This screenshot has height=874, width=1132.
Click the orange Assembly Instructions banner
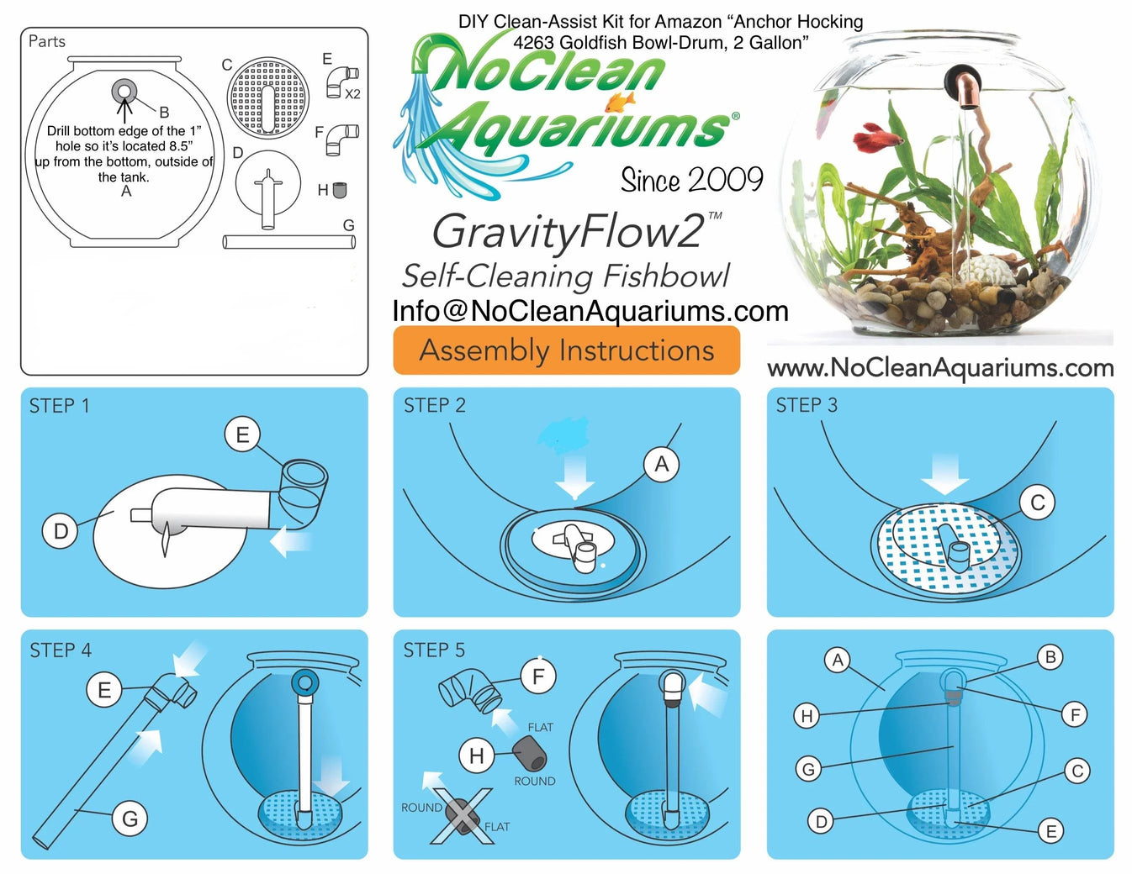point(566,350)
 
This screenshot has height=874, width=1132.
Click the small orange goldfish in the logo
point(619,103)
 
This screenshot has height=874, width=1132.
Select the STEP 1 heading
point(59,406)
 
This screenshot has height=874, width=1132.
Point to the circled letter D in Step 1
point(61,531)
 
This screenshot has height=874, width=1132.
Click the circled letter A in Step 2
point(661,464)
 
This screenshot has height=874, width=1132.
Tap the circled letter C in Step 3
point(1037,503)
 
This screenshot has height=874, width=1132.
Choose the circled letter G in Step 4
point(130,819)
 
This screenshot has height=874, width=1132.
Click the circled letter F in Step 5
point(538,676)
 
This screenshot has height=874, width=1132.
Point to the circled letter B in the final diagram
point(1050,657)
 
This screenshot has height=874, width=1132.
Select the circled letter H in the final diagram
point(807,715)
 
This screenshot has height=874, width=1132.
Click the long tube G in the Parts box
point(288,242)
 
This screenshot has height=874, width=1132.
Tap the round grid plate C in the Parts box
point(266,97)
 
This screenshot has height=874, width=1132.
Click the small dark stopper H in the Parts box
point(340,190)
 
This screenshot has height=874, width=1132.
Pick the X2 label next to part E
point(352,94)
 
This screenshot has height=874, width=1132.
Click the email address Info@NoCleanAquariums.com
point(590,311)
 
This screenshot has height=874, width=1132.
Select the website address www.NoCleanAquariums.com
point(940,367)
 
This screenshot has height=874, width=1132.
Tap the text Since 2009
point(691,180)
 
